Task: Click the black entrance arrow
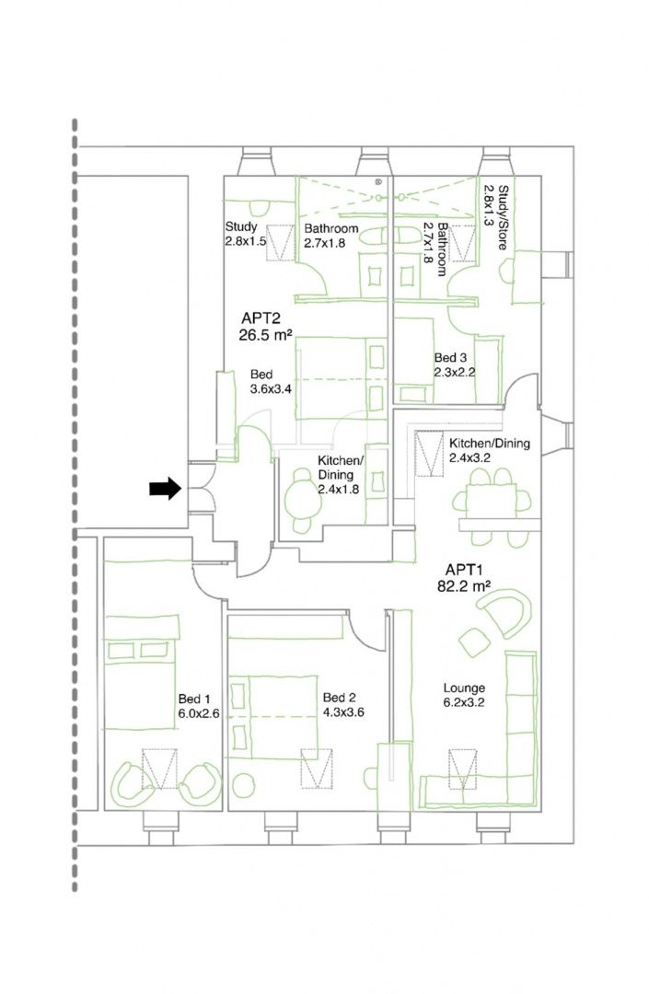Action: point(165,489)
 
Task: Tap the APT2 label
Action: point(261,318)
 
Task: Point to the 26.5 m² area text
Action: point(265,335)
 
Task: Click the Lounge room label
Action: point(464,688)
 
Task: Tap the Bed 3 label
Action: point(450,357)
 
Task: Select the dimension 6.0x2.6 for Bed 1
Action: point(198,713)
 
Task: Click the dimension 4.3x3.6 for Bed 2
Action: point(343,711)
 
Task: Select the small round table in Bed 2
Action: point(241,785)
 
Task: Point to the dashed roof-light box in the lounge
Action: point(462,769)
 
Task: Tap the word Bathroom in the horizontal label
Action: point(330,228)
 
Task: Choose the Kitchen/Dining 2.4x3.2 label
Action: point(490,449)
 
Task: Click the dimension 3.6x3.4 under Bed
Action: point(271,388)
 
